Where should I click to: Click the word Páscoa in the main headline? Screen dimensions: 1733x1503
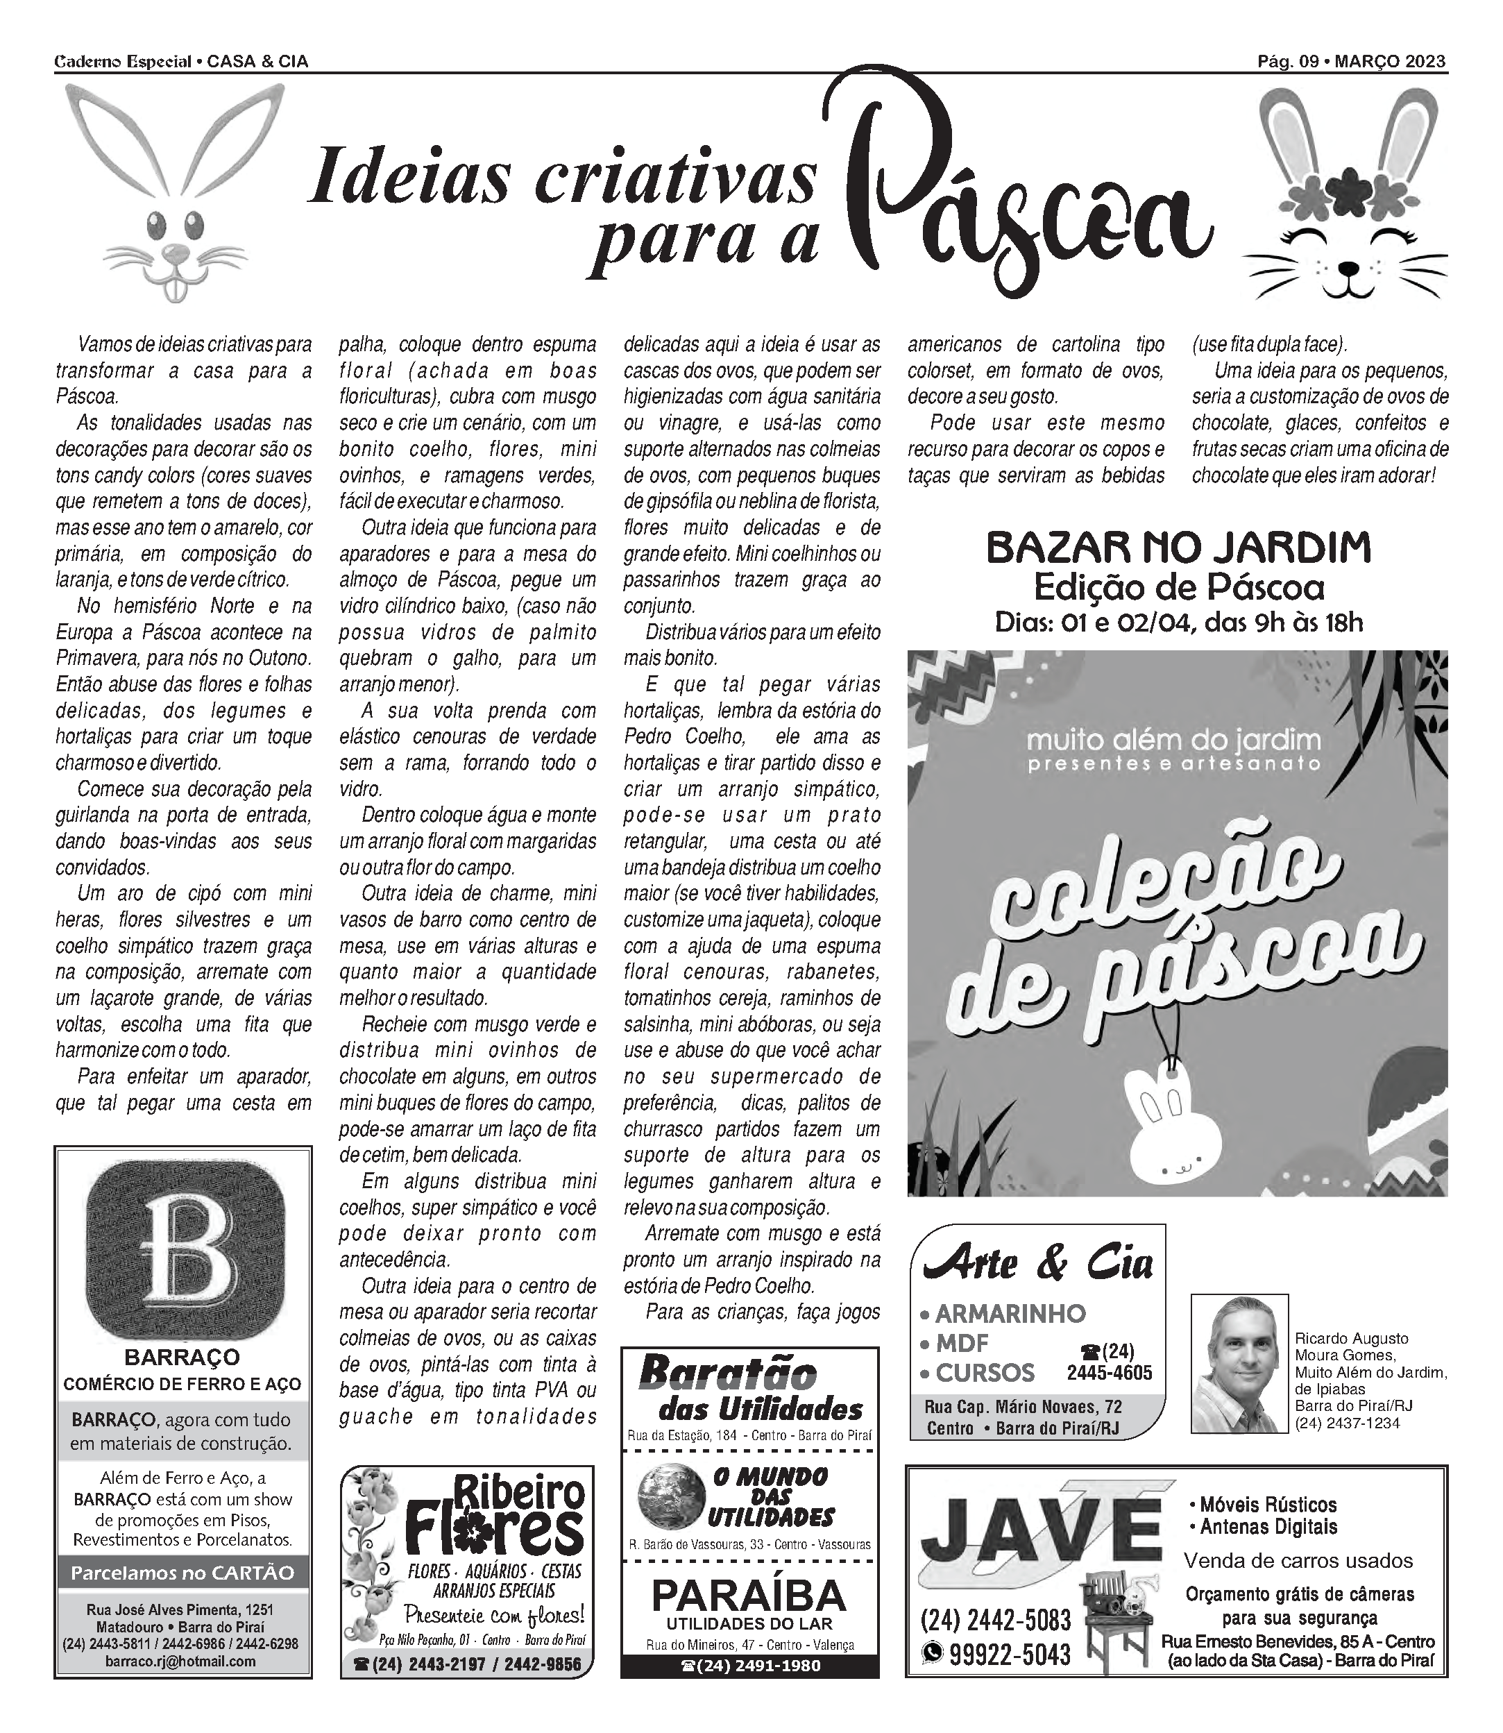point(1024,201)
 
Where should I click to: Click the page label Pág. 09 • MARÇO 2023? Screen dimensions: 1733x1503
point(1351,61)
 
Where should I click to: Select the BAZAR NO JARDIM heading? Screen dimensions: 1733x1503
point(1178,548)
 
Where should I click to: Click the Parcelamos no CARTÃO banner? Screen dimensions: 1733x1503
point(182,1573)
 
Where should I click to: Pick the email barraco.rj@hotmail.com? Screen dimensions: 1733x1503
point(182,1662)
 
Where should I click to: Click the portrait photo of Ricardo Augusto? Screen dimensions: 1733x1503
point(1239,1363)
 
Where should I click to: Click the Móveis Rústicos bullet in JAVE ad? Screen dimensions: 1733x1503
point(1267,1504)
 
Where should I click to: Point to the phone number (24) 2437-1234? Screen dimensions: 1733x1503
point(1347,1423)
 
